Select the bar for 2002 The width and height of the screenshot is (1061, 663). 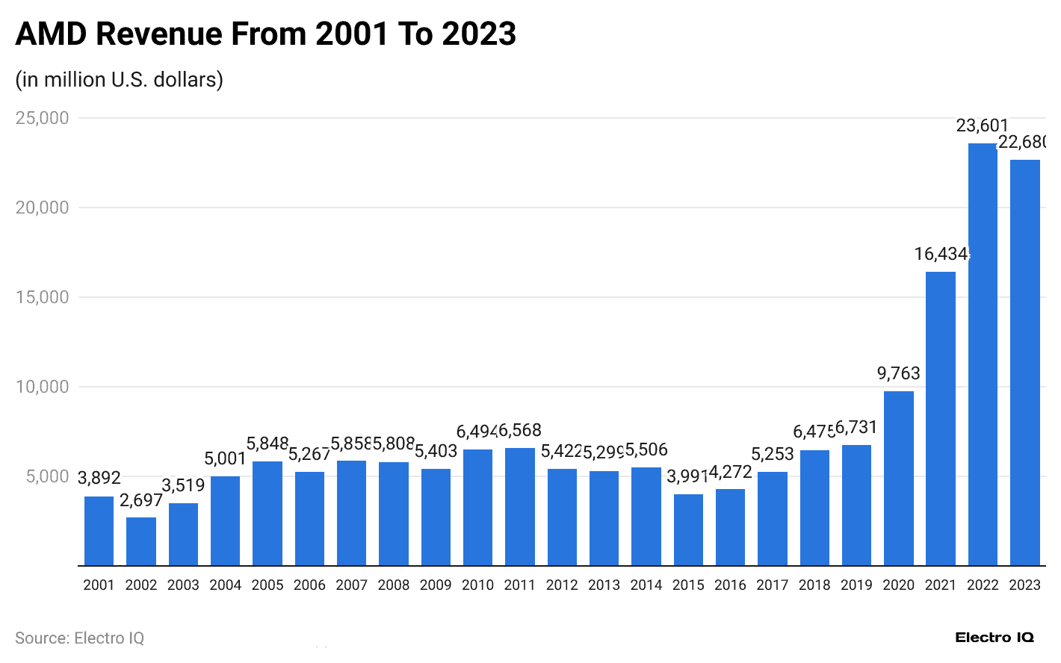tap(141, 541)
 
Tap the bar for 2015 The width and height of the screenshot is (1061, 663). tap(688, 529)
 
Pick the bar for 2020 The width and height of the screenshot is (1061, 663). tap(898, 478)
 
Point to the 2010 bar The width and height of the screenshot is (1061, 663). tap(477, 507)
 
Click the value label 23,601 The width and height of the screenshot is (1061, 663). tap(983, 125)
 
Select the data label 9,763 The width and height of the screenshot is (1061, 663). tap(898, 373)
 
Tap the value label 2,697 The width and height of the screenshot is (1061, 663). tap(141, 500)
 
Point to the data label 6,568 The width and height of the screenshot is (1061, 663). tap(520, 430)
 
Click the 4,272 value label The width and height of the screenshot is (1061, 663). tap(730, 472)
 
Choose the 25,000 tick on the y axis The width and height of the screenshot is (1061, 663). tap(43, 118)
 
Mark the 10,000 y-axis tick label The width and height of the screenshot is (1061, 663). tap(43, 387)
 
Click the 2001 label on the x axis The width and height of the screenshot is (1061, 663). tap(99, 585)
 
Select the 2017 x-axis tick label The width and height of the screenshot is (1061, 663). tap(772, 585)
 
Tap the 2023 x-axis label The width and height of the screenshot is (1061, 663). tap(1024, 585)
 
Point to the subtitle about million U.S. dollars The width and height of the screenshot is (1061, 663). tap(120, 79)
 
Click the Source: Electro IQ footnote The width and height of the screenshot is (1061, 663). tap(79, 638)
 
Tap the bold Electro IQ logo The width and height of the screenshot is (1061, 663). tap(995, 638)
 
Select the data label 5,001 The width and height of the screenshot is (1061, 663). tap(225, 458)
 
